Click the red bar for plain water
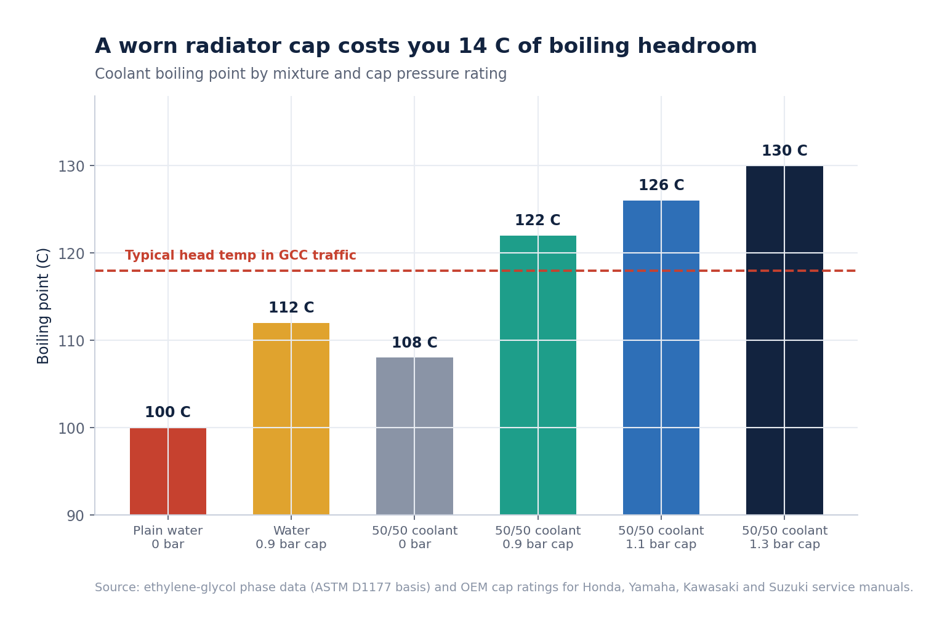pos(168,471)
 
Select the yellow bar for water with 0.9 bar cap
pos(291,418)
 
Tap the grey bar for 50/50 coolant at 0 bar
pos(414,436)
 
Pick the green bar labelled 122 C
pos(537,375)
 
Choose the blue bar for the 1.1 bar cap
pos(661,357)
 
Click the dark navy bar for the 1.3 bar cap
pos(784,340)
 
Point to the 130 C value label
pos(784,151)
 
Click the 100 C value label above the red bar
pos(168,412)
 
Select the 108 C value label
pos(414,342)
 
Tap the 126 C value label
pos(661,185)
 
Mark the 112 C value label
pos(291,308)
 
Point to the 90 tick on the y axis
pos(75,516)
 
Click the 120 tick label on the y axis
pos(71,253)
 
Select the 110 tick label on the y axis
pos(71,341)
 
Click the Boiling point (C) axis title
pos(43,306)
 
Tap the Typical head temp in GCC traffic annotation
pos(241,255)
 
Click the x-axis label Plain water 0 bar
pos(168,537)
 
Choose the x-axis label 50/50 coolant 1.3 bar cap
pos(784,537)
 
